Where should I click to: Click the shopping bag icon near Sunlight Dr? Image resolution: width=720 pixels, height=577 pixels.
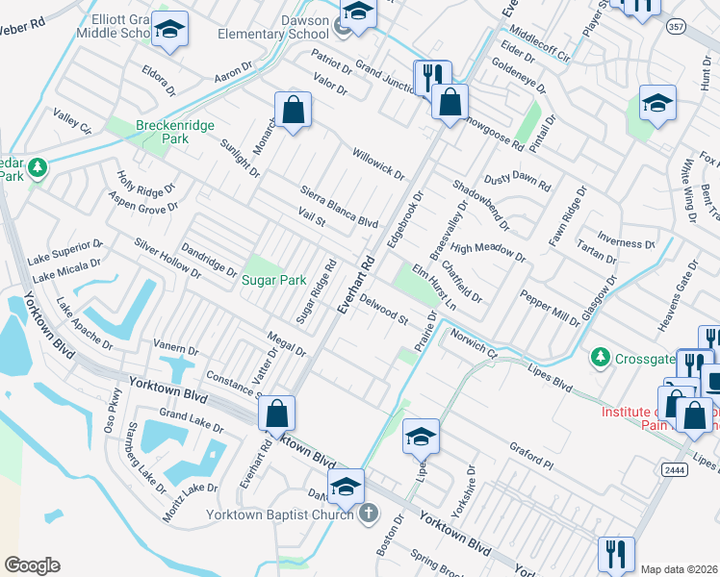point(293,113)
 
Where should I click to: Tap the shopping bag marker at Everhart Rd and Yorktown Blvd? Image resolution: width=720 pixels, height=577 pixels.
point(276,414)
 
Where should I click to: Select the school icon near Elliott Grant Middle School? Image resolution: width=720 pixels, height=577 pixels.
point(169,32)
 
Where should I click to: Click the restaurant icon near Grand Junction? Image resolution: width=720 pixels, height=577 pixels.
point(431,77)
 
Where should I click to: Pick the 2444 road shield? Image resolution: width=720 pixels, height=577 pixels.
point(674,468)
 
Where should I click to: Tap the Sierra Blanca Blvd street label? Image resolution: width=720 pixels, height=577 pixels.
point(338,207)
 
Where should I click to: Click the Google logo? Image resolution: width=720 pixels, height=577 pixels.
point(32,565)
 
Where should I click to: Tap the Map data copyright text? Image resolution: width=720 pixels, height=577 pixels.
point(678,569)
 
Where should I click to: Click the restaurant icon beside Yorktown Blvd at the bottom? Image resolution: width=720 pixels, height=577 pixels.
point(615,555)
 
